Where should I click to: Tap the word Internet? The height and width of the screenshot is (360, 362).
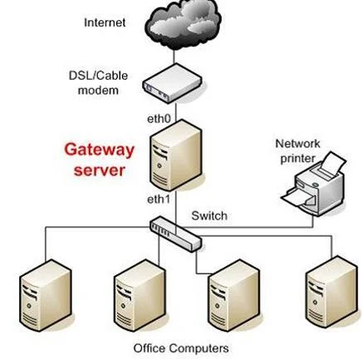click(x=105, y=22)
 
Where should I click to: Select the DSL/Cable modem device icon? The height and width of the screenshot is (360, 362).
click(x=172, y=84)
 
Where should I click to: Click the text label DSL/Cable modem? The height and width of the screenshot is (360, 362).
click(x=98, y=82)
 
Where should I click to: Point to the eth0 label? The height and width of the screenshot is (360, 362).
click(x=159, y=119)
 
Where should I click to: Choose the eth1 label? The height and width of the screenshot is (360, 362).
click(x=159, y=199)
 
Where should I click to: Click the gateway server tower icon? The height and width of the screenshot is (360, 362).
click(x=176, y=155)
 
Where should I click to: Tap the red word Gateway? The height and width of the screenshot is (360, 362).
click(x=99, y=150)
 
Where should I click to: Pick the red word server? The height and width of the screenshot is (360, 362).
click(x=100, y=170)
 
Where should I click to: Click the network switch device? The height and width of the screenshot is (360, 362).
click(x=175, y=234)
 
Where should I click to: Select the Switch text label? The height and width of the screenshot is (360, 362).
click(x=209, y=215)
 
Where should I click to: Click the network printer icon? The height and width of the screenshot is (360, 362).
click(x=313, y=184)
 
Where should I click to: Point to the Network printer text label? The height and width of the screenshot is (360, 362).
click(x=298, y=151)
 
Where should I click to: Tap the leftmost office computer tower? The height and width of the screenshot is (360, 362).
click(x=46, y=295)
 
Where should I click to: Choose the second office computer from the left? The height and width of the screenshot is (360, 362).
click(x=139, y=295)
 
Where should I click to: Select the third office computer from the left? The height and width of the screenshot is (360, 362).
click(x=234, y=295)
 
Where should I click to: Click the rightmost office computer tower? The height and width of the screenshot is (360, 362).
click(x=331, y=293)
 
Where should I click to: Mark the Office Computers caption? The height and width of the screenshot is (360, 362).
click(x=181, y=348)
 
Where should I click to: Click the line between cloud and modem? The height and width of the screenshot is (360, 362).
click(x=174, y=57)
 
